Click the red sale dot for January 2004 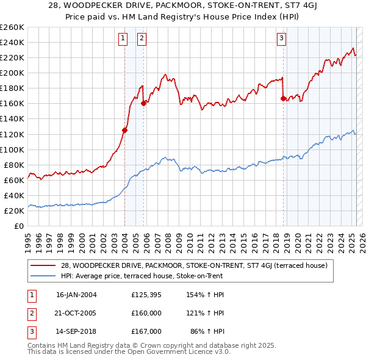point(124,129)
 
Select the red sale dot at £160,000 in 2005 point(143,103)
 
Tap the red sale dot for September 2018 point(283,98)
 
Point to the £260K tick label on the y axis point(12,27)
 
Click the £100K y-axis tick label point(12,149)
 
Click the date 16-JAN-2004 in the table point(76,295)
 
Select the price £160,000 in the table point(146,313)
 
